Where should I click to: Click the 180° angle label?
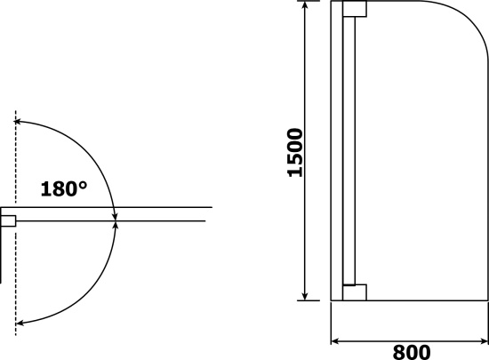click(x=64, y=188)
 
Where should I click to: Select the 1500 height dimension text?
click(x=295, y=152)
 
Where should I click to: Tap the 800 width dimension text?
click(x=412, y=352)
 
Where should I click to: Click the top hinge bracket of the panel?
click(x=355, y=9)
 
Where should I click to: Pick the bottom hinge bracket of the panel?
click(x=355, y=292)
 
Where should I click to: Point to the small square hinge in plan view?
click(x=8, y=221)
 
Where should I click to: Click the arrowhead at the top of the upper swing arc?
click(x=18, y=122)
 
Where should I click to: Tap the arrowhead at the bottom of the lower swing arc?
click(x=19, y=324)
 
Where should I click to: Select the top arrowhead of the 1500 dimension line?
click(x=305, y=5)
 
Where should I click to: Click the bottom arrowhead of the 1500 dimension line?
click(x=305, y=296)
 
